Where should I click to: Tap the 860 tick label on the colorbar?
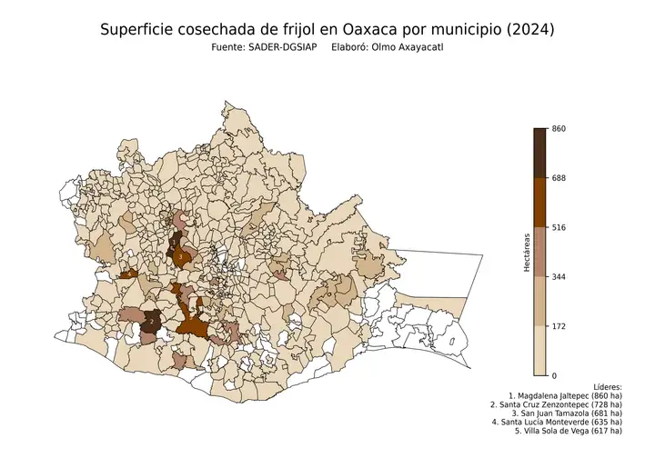click(559, 129)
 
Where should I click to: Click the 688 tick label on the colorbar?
click(559, 178)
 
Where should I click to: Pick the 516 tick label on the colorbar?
click(559, 227)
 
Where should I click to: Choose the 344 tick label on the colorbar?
click(559, 276)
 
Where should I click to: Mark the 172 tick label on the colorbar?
click(559, 325)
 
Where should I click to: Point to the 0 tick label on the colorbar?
click(555, 375)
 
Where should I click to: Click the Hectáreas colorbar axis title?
click(527, 253)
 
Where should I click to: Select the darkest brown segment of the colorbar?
click(540, 153)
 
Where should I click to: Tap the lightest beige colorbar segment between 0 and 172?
click(540, 351)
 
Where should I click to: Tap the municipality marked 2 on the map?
click(152, 322)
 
